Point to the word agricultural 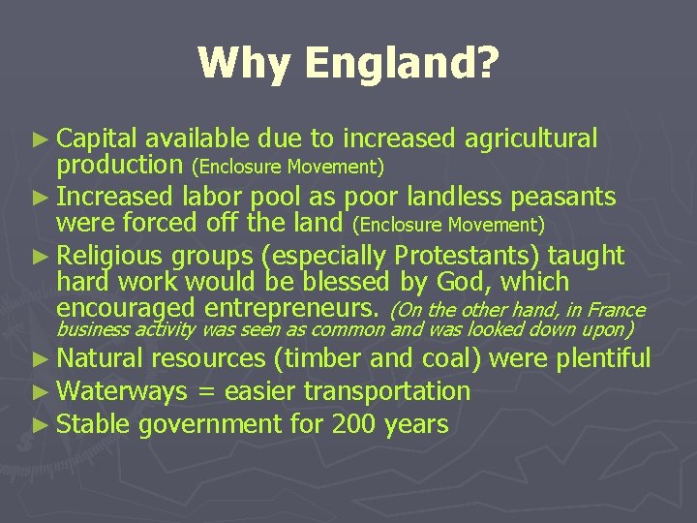coord(531,139)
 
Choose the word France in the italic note coord(614,311)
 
